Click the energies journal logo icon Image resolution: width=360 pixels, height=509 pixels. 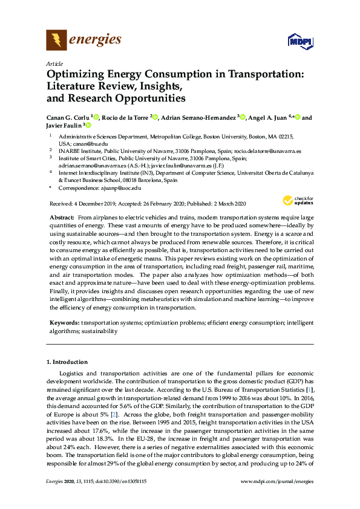click(x=56, y=41)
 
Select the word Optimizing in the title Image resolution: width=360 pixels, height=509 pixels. click(x=77, y=74)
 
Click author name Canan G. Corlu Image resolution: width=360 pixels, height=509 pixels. click(x=68, y=117)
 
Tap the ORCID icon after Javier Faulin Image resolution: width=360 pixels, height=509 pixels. click(x=88, y=126)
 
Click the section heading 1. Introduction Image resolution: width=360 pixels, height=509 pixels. click(x=67, y=362)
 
